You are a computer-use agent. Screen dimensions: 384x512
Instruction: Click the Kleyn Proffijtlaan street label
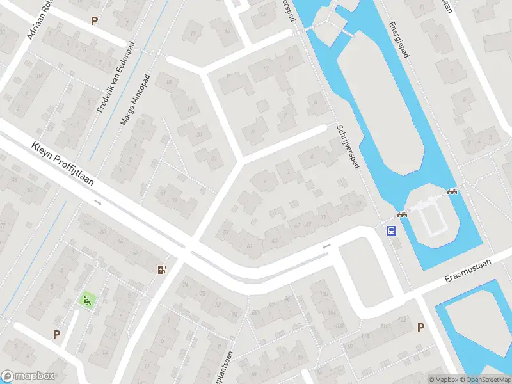[x=62, y=164]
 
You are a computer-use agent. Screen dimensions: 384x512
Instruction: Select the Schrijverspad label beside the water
[x=348, y=147]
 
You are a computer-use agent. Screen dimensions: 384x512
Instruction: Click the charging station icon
[x=162, y=269]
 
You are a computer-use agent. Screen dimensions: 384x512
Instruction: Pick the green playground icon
[x=86, y=299]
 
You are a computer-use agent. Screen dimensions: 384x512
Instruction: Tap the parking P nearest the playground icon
[x=56, y=333]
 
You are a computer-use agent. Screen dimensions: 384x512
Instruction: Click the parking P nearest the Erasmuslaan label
[x=420, y=327]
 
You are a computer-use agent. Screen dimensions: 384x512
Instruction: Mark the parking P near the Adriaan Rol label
[x=95, y=20]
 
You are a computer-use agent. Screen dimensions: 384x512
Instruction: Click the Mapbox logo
[x=28, y=376]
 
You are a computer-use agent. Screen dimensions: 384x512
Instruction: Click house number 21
[x=214, y=158]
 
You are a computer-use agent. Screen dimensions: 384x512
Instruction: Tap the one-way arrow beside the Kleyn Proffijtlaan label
[x=98, y=202]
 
